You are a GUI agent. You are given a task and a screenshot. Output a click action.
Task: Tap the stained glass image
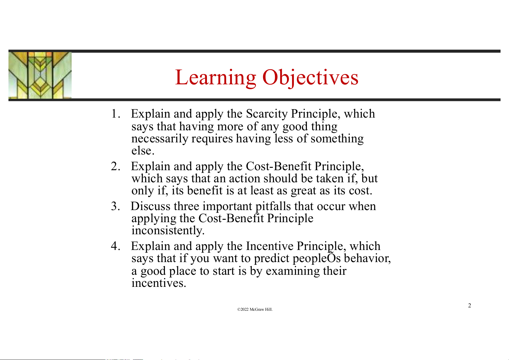(40, 75)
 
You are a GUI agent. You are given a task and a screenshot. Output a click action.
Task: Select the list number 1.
(115, 113)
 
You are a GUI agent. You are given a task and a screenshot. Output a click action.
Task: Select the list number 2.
(115, 166)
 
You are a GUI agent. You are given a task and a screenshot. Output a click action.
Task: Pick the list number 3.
(115, 206)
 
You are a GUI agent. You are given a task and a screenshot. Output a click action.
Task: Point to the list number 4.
(115, 246)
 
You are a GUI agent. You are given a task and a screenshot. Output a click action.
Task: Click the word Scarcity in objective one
(267, 114)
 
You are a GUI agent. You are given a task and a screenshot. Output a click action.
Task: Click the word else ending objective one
(143, 151)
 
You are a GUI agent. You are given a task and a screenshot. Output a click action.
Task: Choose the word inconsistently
(168, 231)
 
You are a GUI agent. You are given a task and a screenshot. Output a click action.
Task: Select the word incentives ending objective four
(159, 283)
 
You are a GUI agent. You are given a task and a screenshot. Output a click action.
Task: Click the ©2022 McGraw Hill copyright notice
(255, 310)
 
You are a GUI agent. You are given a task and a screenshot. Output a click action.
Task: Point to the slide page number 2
(469, 305)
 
